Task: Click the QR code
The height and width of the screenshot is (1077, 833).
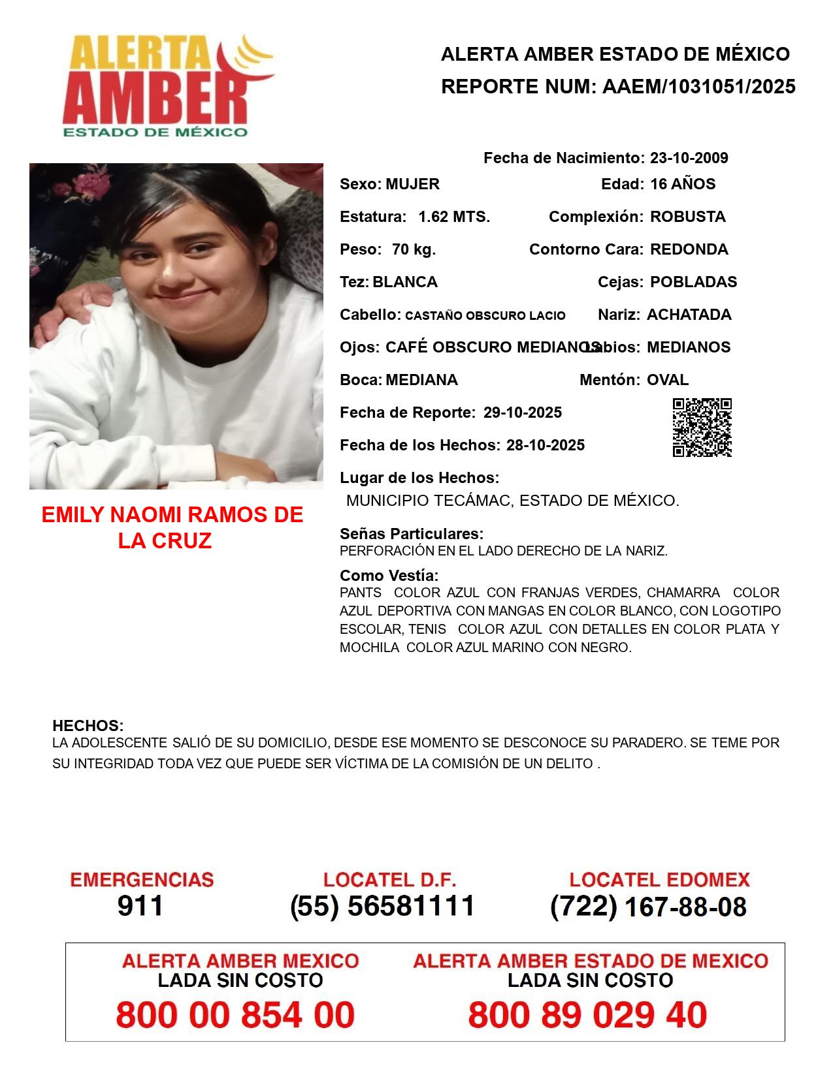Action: pyautogui.click(x=702, y=428)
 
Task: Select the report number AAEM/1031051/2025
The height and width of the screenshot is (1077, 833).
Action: pyautogui.click(x=698, y=87)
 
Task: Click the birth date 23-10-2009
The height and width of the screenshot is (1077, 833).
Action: pyautogui.click(x=689, y=158)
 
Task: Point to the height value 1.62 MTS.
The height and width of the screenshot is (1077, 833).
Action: pyautogui.click(x=454, y=217)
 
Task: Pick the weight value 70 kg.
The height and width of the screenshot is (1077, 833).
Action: pyautogui.click(x=414, y=249)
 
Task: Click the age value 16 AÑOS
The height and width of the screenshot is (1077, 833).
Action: pyautogui.click(x=683, y=184)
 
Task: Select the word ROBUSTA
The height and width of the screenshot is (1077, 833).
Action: pyautogui.click(x=687, y=217)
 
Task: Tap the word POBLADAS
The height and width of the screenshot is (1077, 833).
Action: pyautogui.click(x=693, y=282)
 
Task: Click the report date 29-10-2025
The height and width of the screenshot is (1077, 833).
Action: pyautogui.click(x=523, y=413)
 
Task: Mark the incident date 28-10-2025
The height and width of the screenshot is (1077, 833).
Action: pyautogui.click(x=546, y=445)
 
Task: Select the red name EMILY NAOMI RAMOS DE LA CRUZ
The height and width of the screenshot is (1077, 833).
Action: pyautogui.click(x=172, y=527)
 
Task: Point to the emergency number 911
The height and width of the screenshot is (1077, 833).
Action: pyautogui.click(x=140, y=906)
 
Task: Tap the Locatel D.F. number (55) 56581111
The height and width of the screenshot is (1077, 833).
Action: pyautogui.click(x=382, y=906)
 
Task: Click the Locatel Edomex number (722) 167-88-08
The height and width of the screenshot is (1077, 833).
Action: pyautogui.click(x=648, y=907)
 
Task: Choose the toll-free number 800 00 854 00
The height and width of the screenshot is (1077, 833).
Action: pyautogui.click(x=235, y=1015)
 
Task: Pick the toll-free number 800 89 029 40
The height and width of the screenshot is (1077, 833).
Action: pyautogui.click(x=587, y=1015)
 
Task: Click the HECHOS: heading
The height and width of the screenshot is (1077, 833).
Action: pyautogui.click(x=88, y=726)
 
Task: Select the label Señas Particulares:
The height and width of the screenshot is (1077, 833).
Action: pyautogui.click(x=412, y=534)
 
